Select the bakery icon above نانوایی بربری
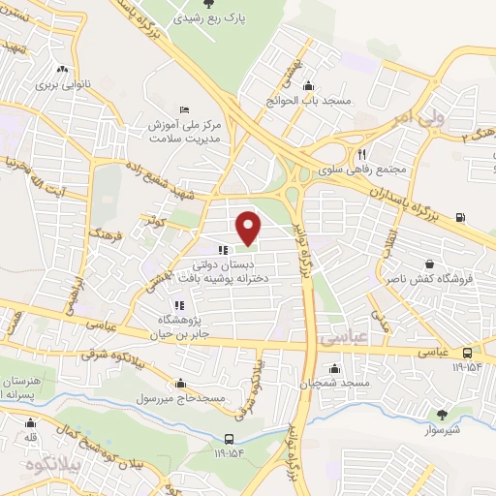(x=62, y=69)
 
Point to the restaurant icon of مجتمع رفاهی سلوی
(x=362, y=152)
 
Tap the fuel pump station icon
(x=458, y=217)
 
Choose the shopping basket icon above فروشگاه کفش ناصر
(x=428, y=263)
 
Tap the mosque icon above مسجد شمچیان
(x=334, y=368)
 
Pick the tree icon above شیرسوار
(x=442, y=415)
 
